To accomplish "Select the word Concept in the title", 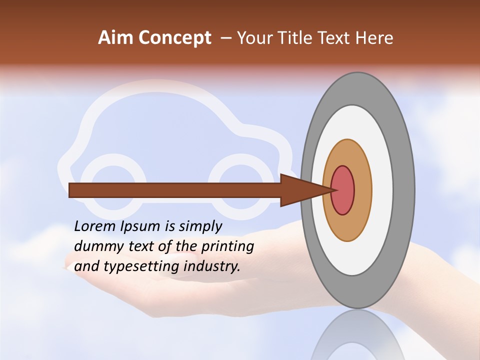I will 174,38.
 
